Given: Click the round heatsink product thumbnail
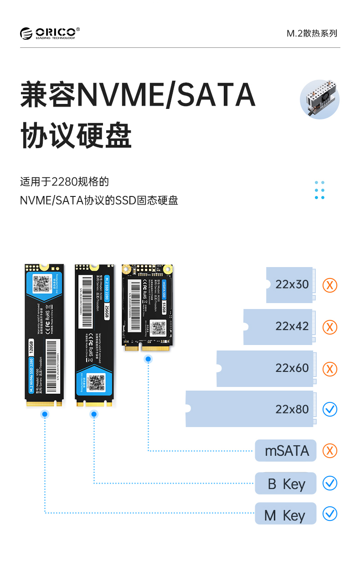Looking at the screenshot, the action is click(x=319, y=99).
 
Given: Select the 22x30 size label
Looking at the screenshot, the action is click(x=292, y=284).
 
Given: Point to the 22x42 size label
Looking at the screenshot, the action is click(x=292, y=326).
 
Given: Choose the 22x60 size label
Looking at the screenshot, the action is click(x=292, y=368).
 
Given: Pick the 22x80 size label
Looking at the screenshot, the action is click(x=292, y=409).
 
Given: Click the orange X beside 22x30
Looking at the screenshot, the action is click(x=330, y=285).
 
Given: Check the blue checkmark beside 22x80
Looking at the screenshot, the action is click(x=330, y=409).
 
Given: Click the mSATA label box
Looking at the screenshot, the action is click(x=286, y=451).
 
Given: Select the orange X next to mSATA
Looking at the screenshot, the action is click(x=330, y=451).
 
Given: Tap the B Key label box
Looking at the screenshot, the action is click(x=286, y=484).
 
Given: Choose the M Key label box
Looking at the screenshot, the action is click(x=286, y=515).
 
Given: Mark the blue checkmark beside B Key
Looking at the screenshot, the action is click(x=330, y=483).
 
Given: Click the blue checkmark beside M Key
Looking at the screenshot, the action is click(x=330, y=514).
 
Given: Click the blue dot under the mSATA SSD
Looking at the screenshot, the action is click(x=148, y=359).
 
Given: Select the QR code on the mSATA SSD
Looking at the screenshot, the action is click(x=158, y=327).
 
